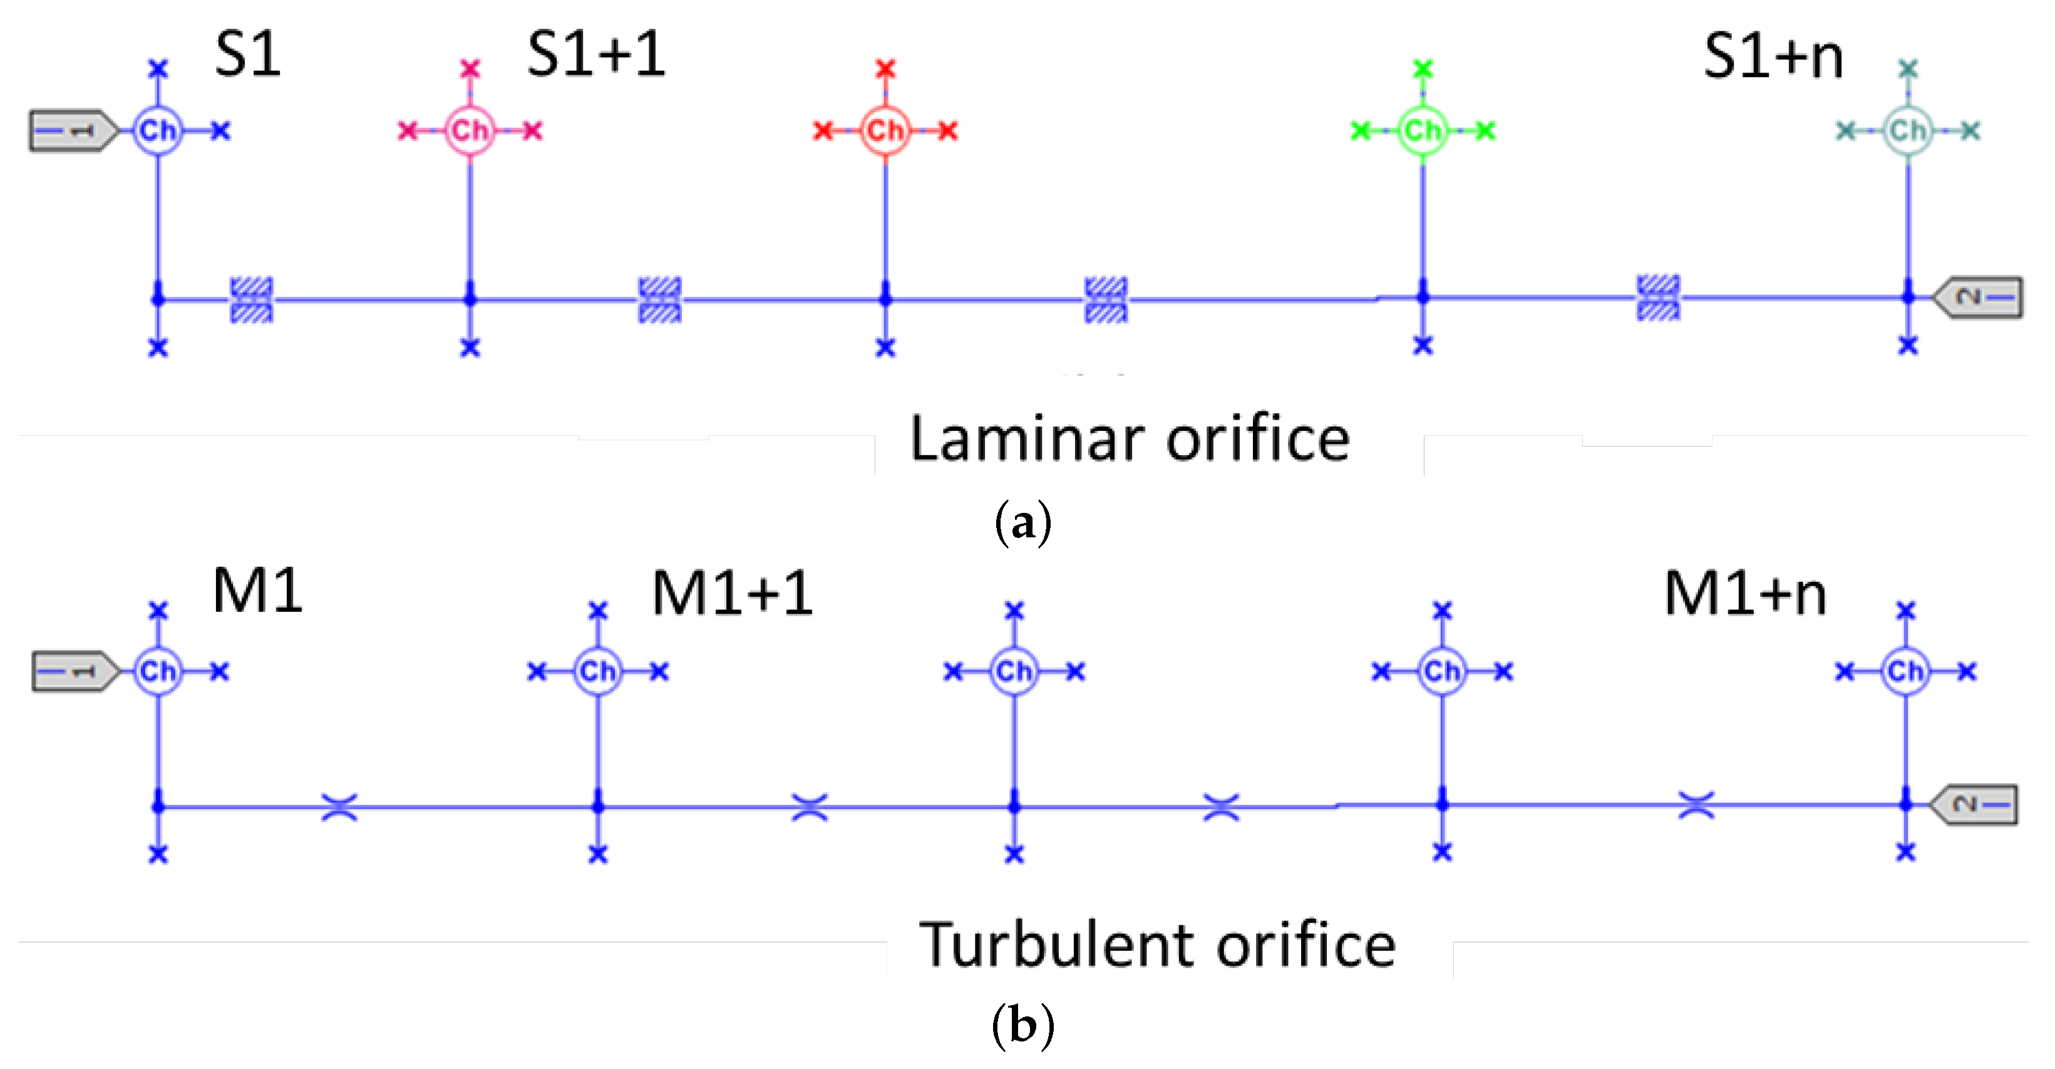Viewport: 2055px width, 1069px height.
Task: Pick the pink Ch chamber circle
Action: coord(470,130)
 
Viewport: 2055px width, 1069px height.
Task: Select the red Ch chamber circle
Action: coord(885,130)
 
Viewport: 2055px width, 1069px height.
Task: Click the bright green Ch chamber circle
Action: coord(1423,130)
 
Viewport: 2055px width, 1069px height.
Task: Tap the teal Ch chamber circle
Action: coord(1907,130)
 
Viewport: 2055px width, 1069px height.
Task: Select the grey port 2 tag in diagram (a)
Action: coord(1979,297)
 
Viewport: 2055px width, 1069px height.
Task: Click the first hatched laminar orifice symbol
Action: coord(252,300)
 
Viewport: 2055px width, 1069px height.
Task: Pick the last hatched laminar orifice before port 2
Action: coord(1659,297)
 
